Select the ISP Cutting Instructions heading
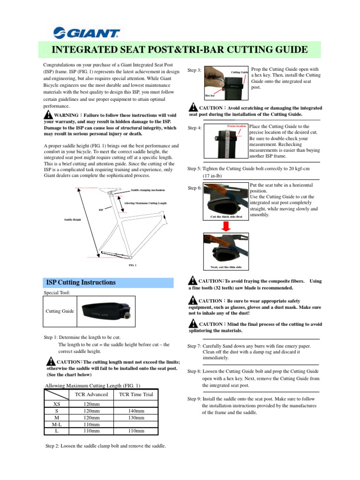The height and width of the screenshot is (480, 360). click(x=81, y=282)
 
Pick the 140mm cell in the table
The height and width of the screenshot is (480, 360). click(x=136, y=411)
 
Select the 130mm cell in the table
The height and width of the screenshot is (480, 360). click(x=136, y=417)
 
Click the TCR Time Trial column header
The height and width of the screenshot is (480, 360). click(x=136, y=394)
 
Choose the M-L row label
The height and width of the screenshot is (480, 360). click(x=56, y=424)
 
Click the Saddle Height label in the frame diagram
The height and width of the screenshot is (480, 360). click(x=72, y=219)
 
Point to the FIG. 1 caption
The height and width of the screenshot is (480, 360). click(x=132, y=265)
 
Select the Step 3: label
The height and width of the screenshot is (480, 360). click(x=195, y=70)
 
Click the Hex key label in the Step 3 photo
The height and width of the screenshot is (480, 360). click(x=210, y=95)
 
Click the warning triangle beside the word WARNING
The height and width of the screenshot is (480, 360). click(x=48, y=115)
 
